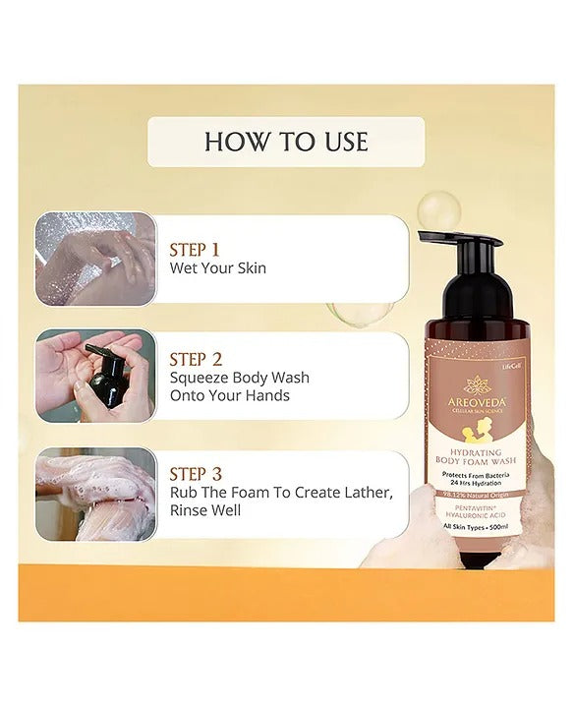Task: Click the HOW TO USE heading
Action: [x=286, y=142]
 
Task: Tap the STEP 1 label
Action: [x=195, y=249]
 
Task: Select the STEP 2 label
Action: [x=197, y=359]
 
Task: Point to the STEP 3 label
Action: [x=197, y=474]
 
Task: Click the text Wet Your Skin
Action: [x=218, y=267]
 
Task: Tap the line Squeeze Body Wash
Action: [x=239, y=378]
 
